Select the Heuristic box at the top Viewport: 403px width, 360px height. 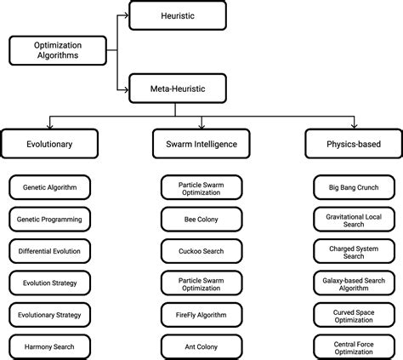(177, 14)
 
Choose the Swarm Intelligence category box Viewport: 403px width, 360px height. (201, 144)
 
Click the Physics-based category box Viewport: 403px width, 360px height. (354, 144)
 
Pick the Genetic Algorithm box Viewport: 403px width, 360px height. (49, 186)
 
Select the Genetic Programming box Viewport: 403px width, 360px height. (49, 219)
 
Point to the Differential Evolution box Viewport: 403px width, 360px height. (49, 250)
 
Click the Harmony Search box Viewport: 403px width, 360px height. (49, 346)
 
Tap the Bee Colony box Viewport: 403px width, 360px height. (201, 219)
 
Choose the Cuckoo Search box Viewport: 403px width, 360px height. (201, 250)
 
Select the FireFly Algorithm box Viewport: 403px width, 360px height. (201, 314)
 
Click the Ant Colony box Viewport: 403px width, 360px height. (201, 346)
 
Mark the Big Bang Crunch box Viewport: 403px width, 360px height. (354, 186)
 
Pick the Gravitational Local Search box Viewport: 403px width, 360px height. (354, 219)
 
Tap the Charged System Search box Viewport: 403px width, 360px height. (354, 250)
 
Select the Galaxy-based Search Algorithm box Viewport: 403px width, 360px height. (354, 283)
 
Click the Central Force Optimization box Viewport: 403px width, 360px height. (354, 346)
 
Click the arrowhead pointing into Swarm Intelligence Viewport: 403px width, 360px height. (201, 126)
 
